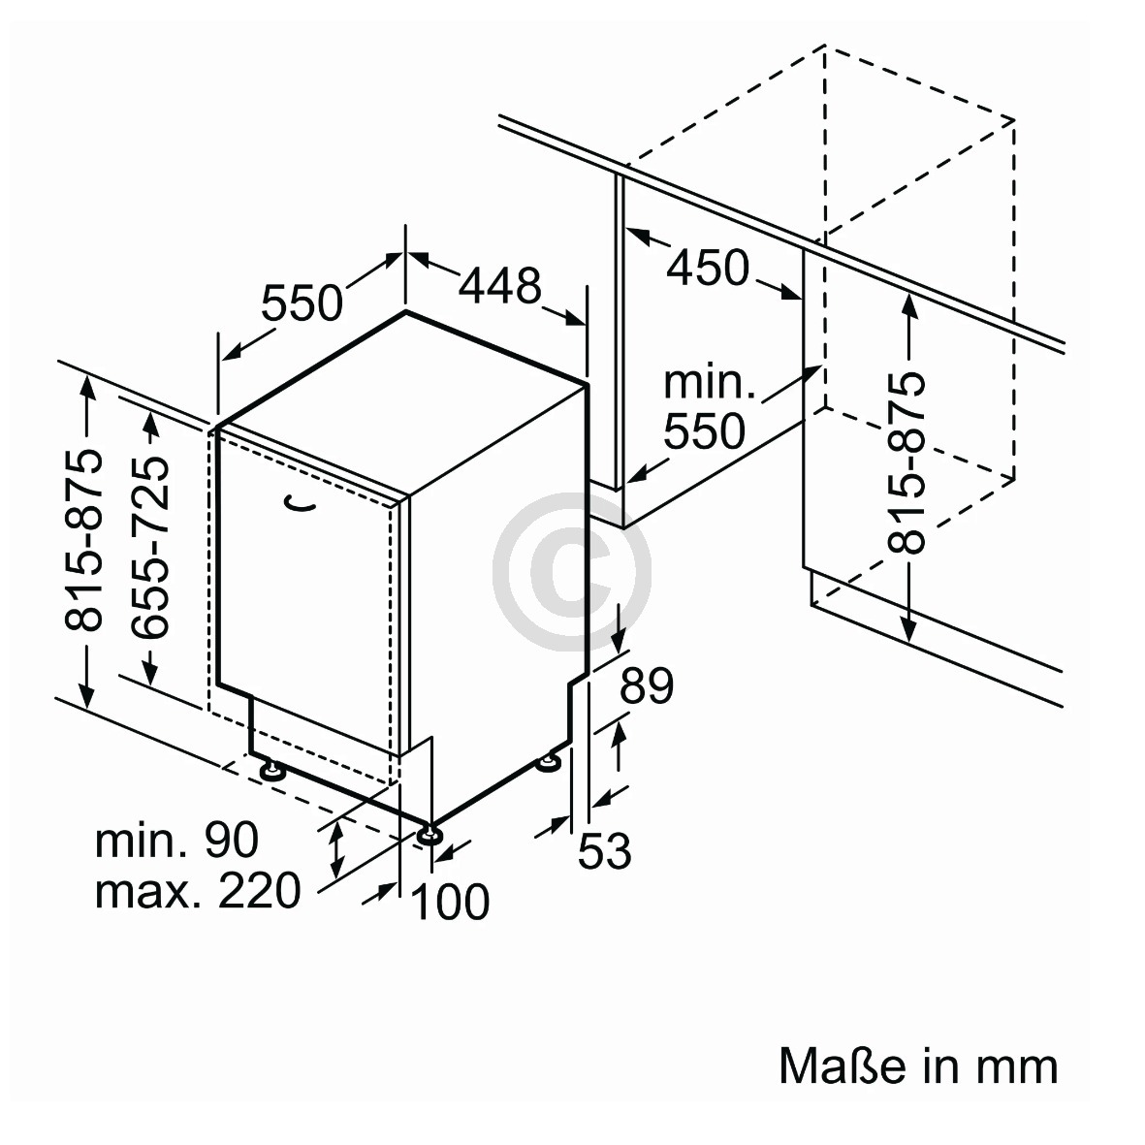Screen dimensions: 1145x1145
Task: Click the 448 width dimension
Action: pyautogui.click(x=500, y=285)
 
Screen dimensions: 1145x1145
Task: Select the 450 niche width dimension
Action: pyautogui.click(x=708, y=268)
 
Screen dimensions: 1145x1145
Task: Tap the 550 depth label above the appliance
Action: pyautogui.click(x=302, y=302)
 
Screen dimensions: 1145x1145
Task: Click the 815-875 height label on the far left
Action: pyautogui.click(x=83, y=540)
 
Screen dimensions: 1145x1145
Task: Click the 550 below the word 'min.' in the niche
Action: pyautogui.click(x=704, y=430)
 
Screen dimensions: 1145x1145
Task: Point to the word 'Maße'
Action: pyautogui.click(x=844, y=1065)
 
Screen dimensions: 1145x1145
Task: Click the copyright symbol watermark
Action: pyautogui.click(x=572, y=571)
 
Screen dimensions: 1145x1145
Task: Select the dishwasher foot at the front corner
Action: pyautogui.click(x=429, y=834)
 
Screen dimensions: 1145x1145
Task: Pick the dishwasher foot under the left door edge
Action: pyautogui.click(x=272, y=771)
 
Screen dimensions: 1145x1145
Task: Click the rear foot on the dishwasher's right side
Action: pyautogui.click(x=548, y=763)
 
